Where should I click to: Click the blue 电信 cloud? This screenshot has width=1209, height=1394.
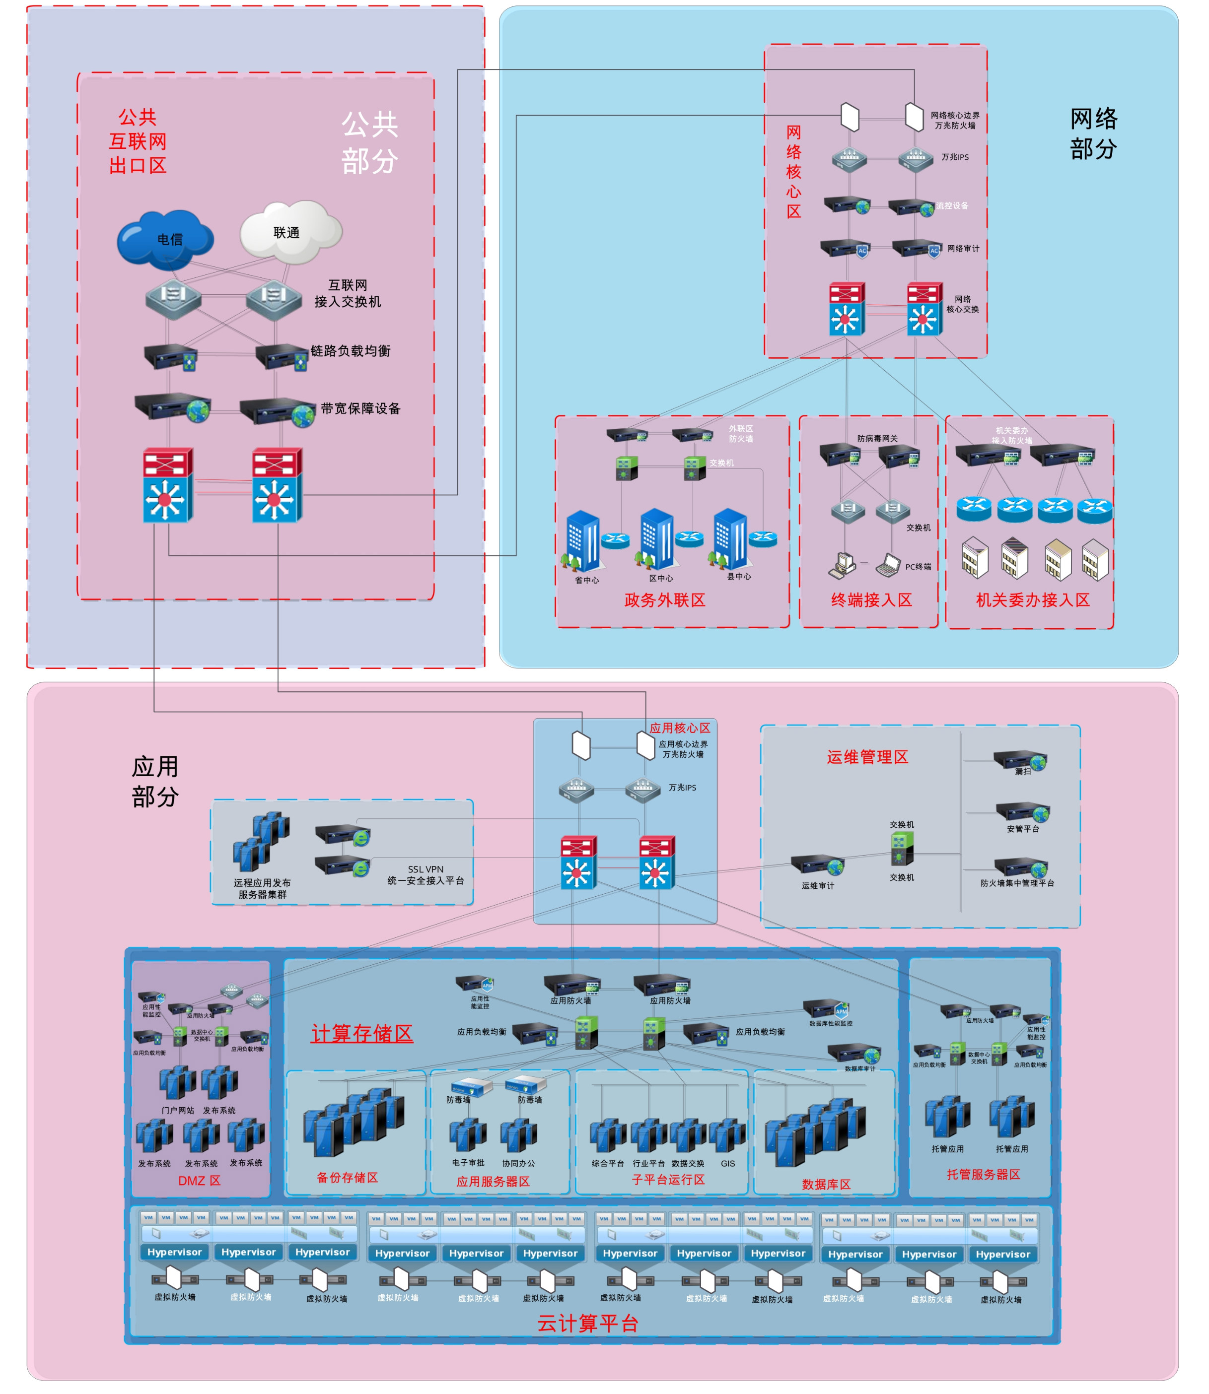[x=165, y=239]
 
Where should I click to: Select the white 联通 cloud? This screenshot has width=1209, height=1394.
[x=290, y=232]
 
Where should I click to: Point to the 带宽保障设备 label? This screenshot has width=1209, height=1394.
[x=360, y=409]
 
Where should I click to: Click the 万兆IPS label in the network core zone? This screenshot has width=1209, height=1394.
[x=955, y=157]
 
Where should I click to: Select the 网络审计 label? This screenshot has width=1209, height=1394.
[x=963, y=249]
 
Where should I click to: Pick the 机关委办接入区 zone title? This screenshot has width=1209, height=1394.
[x=1032, y=600]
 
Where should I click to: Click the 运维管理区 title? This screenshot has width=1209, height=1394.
[x=867, y=757]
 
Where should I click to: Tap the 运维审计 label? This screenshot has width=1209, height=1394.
[x=818, y=885]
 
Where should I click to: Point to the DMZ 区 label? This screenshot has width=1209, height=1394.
[x=199, y=1181]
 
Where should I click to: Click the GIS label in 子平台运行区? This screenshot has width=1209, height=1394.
[x=727, y=1163]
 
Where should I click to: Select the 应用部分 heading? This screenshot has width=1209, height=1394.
[x=155, y=782]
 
